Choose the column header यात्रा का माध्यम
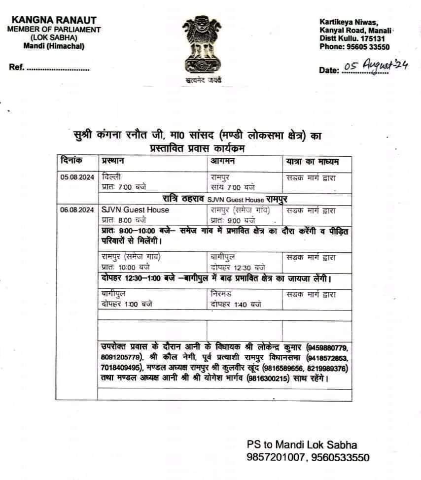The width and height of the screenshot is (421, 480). (312, 161)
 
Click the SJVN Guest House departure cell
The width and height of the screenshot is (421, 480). (135, 210)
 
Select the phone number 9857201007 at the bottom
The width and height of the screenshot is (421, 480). (276, 457)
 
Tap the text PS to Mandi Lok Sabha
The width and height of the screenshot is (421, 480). (301, 445)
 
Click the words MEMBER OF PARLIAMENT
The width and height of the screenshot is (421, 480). (54, 30)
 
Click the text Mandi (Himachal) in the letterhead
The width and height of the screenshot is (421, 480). (54, 46)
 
